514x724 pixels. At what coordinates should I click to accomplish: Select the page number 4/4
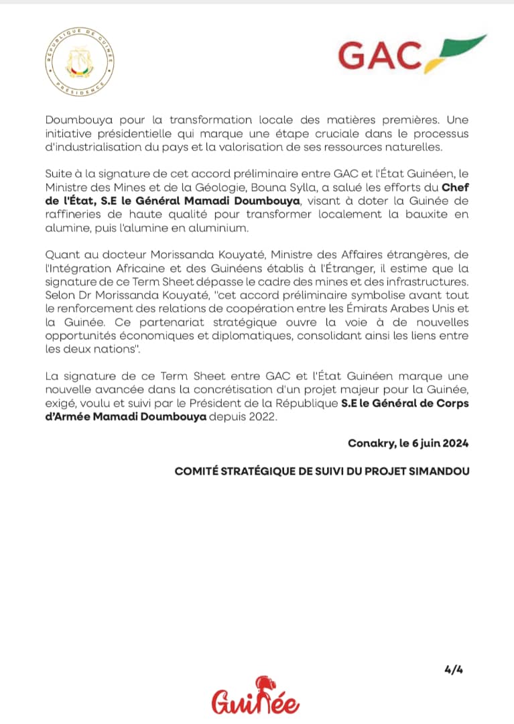tap(453, 668)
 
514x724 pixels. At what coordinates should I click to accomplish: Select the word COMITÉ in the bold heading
tap(195, 471)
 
